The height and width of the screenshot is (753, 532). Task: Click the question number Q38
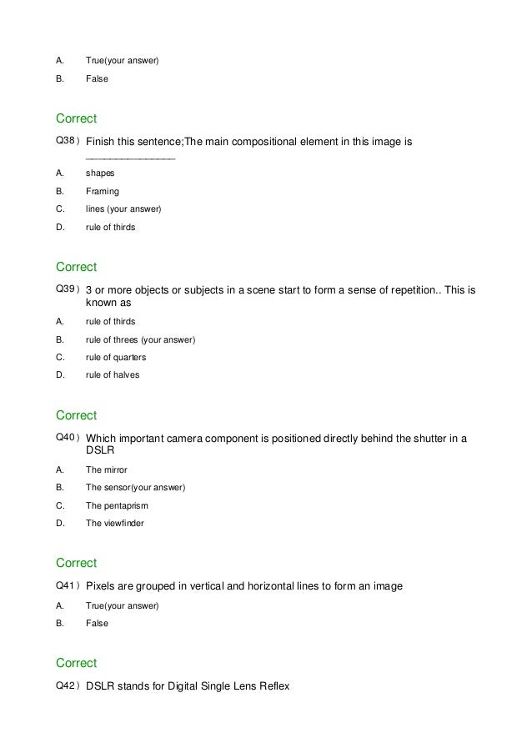(x=66, y=142)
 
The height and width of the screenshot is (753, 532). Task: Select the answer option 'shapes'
(x=100, y=173)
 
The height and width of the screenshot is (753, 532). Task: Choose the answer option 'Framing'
(x=103, y=191)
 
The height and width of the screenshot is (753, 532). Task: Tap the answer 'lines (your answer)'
(x=123, y=208)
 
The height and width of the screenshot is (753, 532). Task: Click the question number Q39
(x=66, y=289)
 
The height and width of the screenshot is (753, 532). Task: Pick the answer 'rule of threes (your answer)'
(x=140, y=339)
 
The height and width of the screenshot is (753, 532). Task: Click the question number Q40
(x=66, y=438)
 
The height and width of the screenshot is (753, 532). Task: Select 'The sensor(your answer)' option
(x=135, y=487)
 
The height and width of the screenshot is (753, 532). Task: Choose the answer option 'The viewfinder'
(x=115, y=523)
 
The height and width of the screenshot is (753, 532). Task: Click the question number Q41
(x=66, y=585)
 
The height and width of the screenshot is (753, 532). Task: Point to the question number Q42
(x=66, y=685)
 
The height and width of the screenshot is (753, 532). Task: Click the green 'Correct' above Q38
(x=76, y=118)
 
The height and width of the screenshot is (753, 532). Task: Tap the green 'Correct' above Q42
(x=76, y=663)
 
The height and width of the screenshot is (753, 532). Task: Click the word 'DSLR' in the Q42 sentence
(x=102, y=686)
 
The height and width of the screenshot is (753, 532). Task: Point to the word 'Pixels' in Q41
(x=103, y=586)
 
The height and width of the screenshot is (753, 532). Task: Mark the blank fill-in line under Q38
(x=130, y=158)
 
